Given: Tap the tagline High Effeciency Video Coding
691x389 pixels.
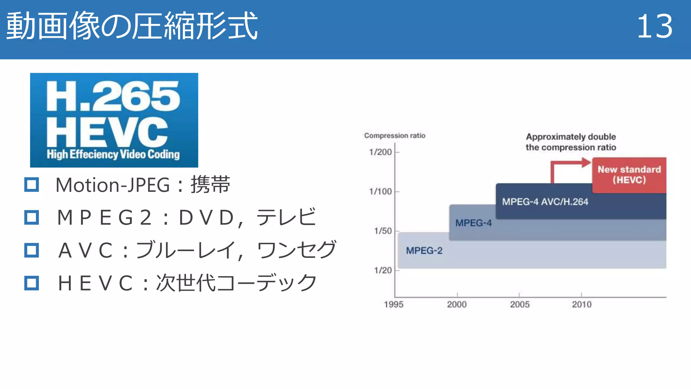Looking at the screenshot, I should click(113, 154).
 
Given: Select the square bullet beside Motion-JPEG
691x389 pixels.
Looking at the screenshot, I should click(32, 185).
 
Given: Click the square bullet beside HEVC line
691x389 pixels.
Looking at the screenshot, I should click(32, 283).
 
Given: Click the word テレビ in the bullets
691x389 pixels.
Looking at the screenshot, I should click(286, 217).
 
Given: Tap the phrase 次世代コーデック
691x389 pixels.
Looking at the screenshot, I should click(236, 283).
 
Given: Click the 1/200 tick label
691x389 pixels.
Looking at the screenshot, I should click(381, 152).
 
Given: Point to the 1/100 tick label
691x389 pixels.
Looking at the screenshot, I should click(381, 192).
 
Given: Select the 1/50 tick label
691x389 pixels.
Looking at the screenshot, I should click(383, 231).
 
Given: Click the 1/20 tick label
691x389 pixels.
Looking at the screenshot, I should click(383, 270).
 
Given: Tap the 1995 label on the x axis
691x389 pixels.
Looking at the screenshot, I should click(394, 305).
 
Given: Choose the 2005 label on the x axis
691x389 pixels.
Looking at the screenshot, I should click(520, 305).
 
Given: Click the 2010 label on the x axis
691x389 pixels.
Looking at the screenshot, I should click(582, 305).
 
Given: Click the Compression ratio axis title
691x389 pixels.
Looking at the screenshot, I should click(395, 136).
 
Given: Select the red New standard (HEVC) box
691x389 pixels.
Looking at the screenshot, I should click(629, 175).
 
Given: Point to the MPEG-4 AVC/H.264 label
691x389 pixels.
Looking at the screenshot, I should click(545, 202).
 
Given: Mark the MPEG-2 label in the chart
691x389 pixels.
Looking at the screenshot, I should click(424, 251).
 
